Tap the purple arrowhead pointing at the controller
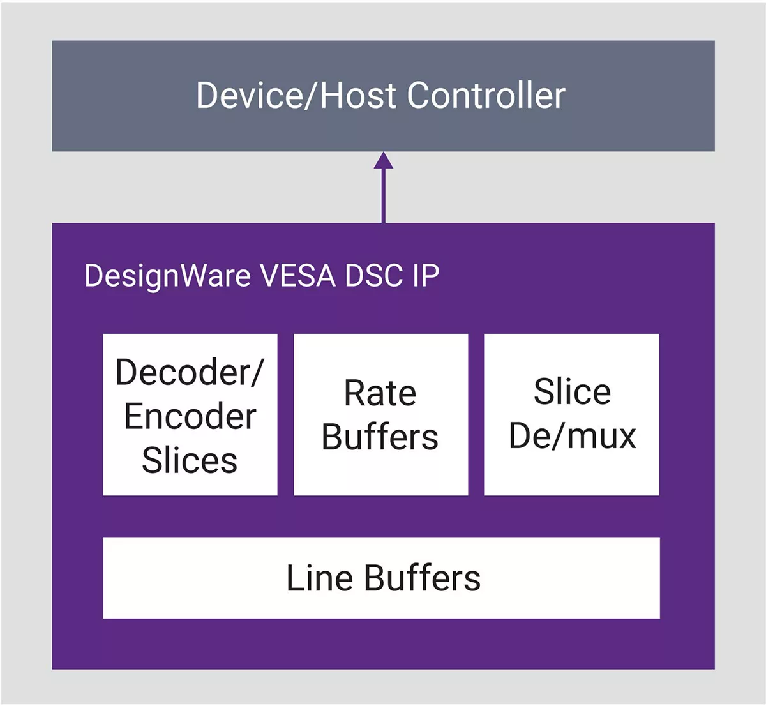[x=384, y=160]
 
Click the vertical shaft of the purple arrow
[x=384, y=195]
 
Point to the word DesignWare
[x=168, y=276]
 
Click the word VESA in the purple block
[x=298, y=276]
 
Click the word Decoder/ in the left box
[x=190, y=372]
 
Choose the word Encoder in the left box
[x=190, y=416]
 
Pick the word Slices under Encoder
[x=190, y=460]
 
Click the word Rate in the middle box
[x=380, y=393]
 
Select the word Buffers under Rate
[x=380, y=437]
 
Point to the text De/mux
[x=573, y=436]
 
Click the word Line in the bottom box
[x=320, y=578]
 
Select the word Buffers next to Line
[x=423, y=578]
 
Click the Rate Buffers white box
[x=380, y=415]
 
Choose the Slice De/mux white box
[x=572, y=415]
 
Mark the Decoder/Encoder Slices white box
[x=190, y=415]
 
